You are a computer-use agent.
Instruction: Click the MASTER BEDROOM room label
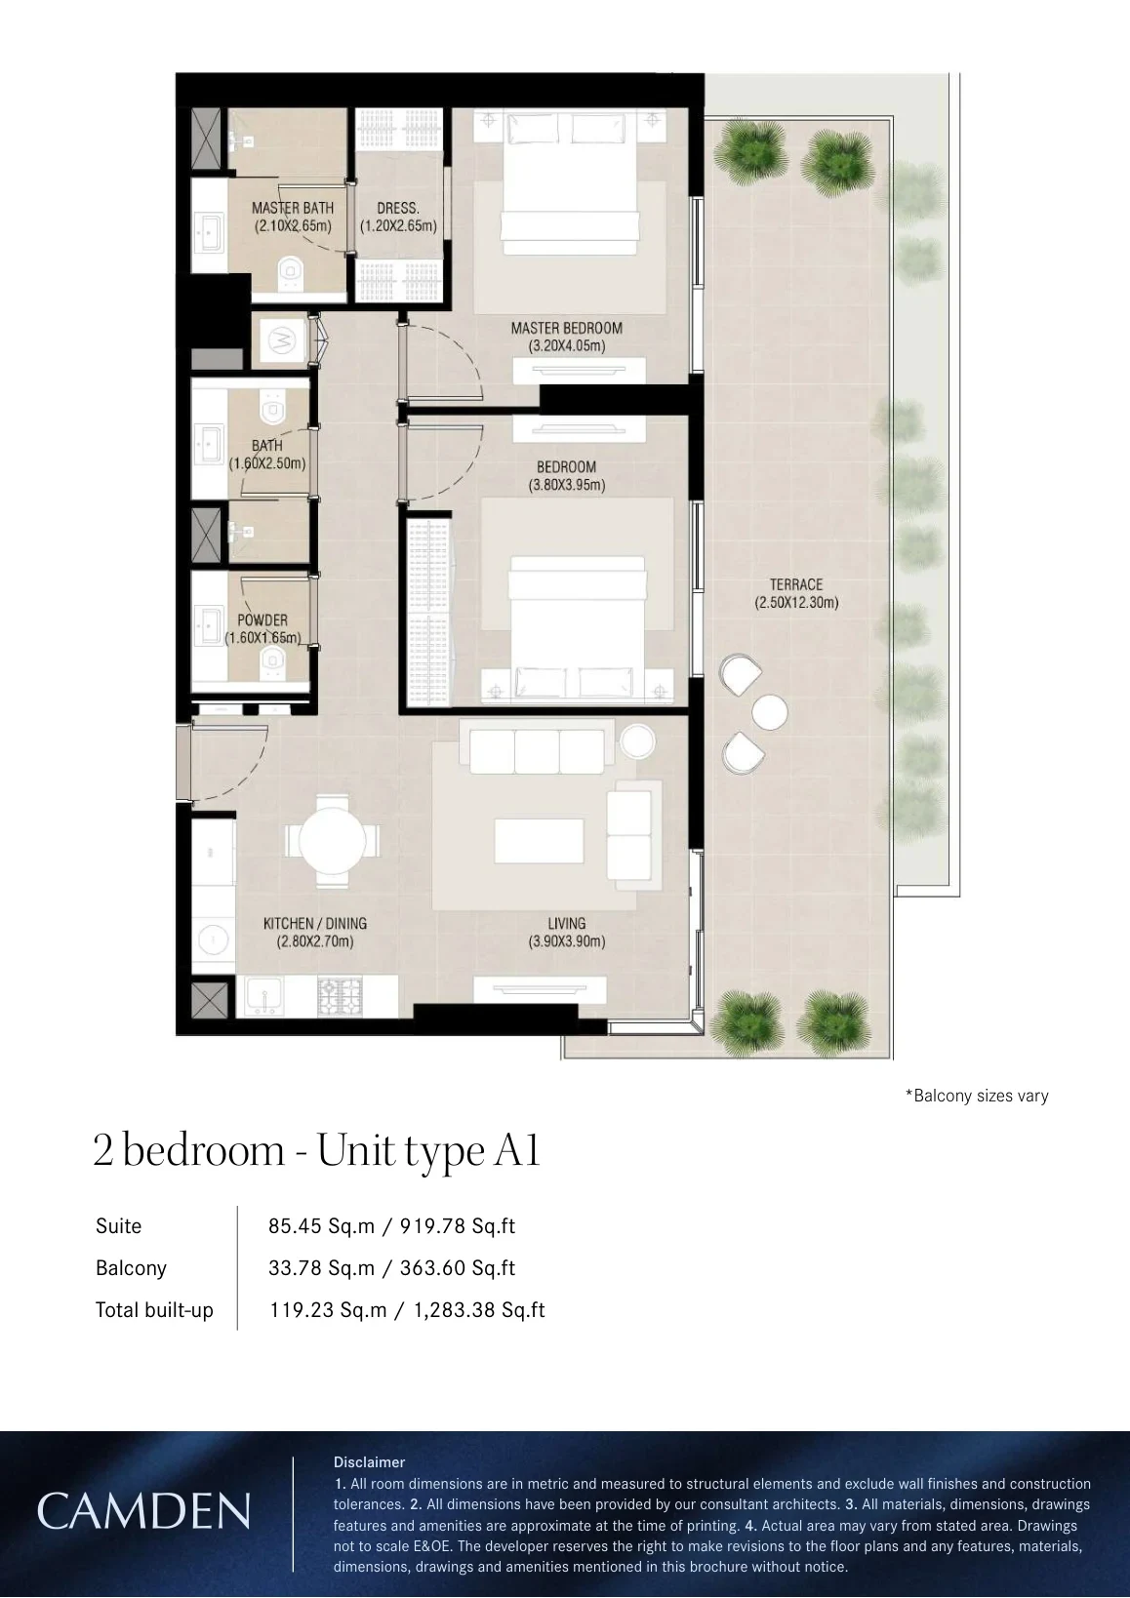point(566,328)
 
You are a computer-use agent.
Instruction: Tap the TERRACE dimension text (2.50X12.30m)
point(796,602)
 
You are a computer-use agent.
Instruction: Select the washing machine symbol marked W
point(281,340)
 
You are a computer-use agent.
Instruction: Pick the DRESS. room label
point(398,209)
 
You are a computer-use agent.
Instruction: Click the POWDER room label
point(262,619)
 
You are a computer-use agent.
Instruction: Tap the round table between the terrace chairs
point(770,712)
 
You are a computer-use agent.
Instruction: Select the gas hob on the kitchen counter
point(341,997)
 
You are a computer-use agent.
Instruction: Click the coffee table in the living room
point(540,841)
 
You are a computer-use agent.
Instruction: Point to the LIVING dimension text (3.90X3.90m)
point(566,941)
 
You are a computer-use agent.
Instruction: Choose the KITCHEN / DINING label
point(315,923)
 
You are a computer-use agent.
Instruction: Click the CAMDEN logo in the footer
point(143,1510)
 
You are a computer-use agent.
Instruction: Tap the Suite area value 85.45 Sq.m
point(321,1225)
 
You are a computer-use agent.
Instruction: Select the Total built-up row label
point(155,1310)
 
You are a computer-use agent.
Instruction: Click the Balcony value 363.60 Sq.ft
point(458,1267)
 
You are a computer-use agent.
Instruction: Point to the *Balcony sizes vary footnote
point(977,1096)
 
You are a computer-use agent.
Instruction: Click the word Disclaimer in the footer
point(369,1461)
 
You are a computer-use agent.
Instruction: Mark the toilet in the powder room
point(272,662)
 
